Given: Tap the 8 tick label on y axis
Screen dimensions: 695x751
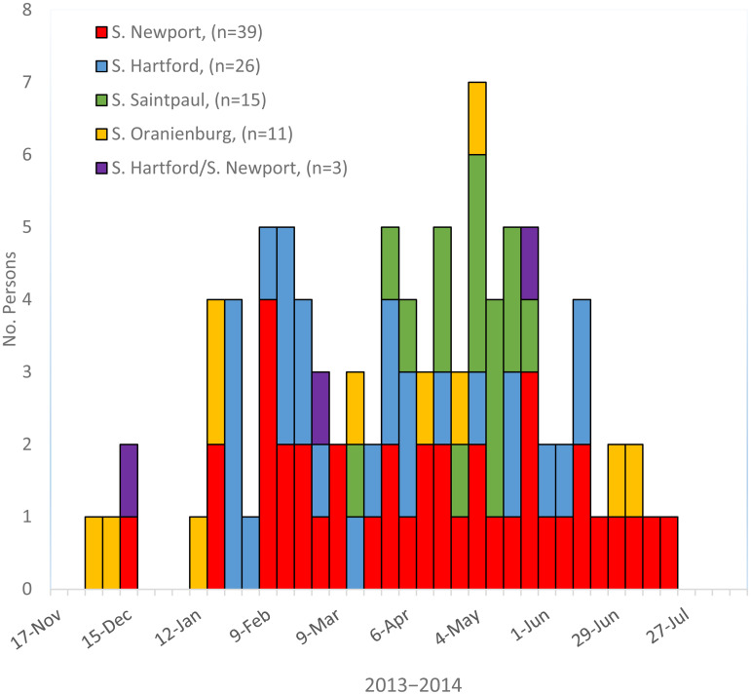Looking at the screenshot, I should pyautogui.click(x=26, y=10).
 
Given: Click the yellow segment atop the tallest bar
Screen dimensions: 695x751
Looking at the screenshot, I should pyautogui.click(x=477, y=118).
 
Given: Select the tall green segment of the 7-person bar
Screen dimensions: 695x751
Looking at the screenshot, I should pyautogui.click(x=477, y=263).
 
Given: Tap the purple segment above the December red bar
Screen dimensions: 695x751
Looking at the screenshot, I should pyautogui.click(x=129, y=480).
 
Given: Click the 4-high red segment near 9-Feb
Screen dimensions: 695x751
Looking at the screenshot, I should pyautogui.click(x=268, y=444).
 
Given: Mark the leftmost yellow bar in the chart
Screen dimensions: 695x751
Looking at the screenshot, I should pyautogui.click(x=94, y=553).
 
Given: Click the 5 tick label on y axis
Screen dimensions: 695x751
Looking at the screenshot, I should pyautogui.click(x=26, y=227).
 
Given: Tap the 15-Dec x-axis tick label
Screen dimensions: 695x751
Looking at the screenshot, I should pyautogui.click(x=115, y=619).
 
